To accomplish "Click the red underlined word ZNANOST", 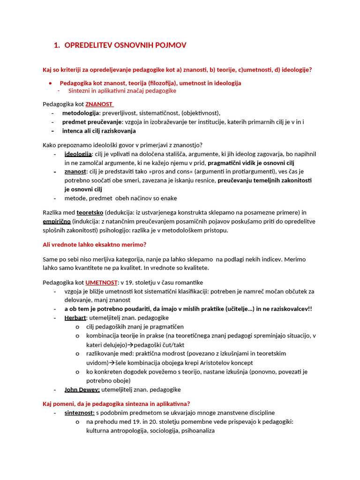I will [x=99, y=104].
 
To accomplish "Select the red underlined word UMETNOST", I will [x=101, y=283].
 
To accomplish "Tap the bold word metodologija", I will [x=81, y=113].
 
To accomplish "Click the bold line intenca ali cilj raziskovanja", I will [x=99, y=131].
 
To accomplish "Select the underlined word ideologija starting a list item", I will [x=78, y=154].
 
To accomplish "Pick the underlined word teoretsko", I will [x=90, y=212].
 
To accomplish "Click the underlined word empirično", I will [x=57, y=221].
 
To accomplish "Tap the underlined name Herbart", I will [x=75, y=318].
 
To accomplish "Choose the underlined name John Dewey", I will [x=82, y=390].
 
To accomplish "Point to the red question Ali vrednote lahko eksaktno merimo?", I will [x=95, y=244].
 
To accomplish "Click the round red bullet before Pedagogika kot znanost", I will [x=50, y=83].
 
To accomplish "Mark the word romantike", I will [x=187, y=283].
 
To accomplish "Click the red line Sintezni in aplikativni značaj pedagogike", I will [x=122, y=91].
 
